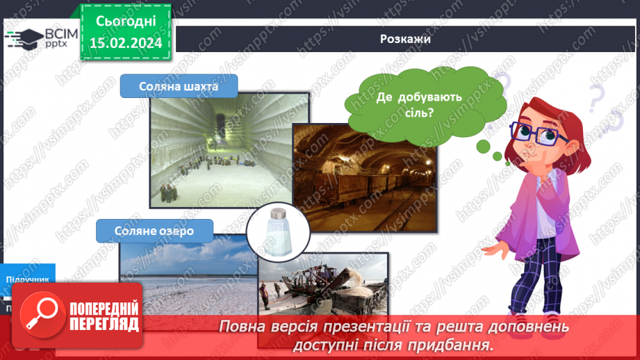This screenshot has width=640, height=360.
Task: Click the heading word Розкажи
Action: pos(406,39)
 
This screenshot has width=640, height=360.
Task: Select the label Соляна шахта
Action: pos(179,87)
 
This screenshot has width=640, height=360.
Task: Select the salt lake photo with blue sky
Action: pos(181,271)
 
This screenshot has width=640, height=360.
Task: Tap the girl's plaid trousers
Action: pos(535,285)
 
